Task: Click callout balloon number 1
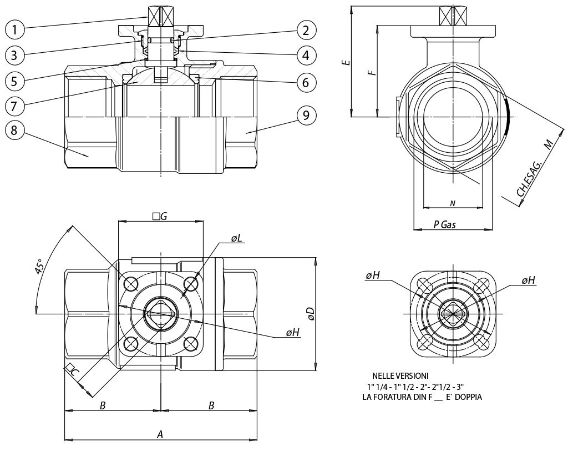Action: (15, 28)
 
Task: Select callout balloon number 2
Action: (306, 29)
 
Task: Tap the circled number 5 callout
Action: (15, 81)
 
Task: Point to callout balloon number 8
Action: (15, 131)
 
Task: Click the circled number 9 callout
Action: (306, 116)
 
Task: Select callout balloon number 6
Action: (306, 82)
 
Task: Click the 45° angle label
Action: (40, 267)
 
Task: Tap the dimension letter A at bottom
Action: (160, 434)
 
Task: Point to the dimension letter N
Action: (452, 204)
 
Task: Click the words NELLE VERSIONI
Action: (400, 376)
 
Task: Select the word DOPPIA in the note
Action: (469, 397)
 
